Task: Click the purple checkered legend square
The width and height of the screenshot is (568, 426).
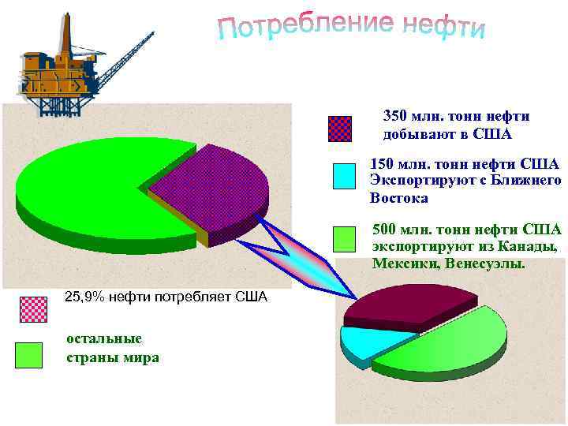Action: (340, 129)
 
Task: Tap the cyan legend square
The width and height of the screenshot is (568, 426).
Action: (345, 176)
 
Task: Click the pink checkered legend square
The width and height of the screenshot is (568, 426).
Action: (32, 308)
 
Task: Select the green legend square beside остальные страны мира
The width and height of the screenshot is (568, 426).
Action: (28, 356)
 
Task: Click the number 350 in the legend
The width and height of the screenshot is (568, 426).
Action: (395, 117)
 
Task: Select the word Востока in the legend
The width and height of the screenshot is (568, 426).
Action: (398, 198)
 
